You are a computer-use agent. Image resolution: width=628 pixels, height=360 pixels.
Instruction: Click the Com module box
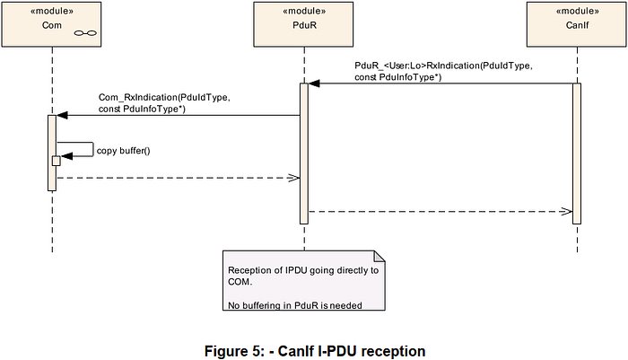tap(51, 24)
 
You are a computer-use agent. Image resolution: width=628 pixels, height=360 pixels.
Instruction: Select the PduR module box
tap(303, 24)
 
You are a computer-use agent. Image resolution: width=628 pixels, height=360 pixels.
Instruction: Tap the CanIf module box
tap(576, 24)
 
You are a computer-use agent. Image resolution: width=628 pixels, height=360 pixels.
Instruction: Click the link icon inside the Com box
tap(85, 33)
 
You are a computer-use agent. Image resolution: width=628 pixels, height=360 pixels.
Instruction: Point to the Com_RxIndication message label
tap(164, 103)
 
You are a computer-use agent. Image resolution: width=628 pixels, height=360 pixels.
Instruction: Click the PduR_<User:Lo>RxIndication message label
tap(443, 71)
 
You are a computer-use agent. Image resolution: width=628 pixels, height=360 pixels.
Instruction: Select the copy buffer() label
tap(124, 151)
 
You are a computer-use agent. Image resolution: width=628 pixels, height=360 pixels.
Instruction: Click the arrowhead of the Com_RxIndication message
tap(62, 116)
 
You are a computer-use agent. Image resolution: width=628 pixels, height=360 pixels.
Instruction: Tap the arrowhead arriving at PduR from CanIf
tap(314, 83)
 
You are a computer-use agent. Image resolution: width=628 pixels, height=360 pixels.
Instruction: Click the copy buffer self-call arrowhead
tap(66, 156)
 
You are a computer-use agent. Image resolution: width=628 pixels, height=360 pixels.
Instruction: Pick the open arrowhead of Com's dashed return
tap(294, 178)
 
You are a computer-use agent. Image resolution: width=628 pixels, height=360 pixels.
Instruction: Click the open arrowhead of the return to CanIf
tap(566, 211)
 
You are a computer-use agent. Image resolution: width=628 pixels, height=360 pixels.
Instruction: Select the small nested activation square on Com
tap(56, 161)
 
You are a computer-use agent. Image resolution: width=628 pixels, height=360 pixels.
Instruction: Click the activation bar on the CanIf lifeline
tap(577, 154)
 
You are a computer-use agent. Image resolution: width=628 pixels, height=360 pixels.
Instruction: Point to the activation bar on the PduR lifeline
tap(304, 154)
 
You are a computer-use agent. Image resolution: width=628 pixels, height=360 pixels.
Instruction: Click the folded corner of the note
tap(379, 257)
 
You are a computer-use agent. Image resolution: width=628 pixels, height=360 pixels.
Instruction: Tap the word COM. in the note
tap(240, 282)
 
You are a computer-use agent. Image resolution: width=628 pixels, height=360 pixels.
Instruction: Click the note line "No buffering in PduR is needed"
tap(295, 305)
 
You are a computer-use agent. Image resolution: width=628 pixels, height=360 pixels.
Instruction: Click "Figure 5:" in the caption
tap(234, 351)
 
